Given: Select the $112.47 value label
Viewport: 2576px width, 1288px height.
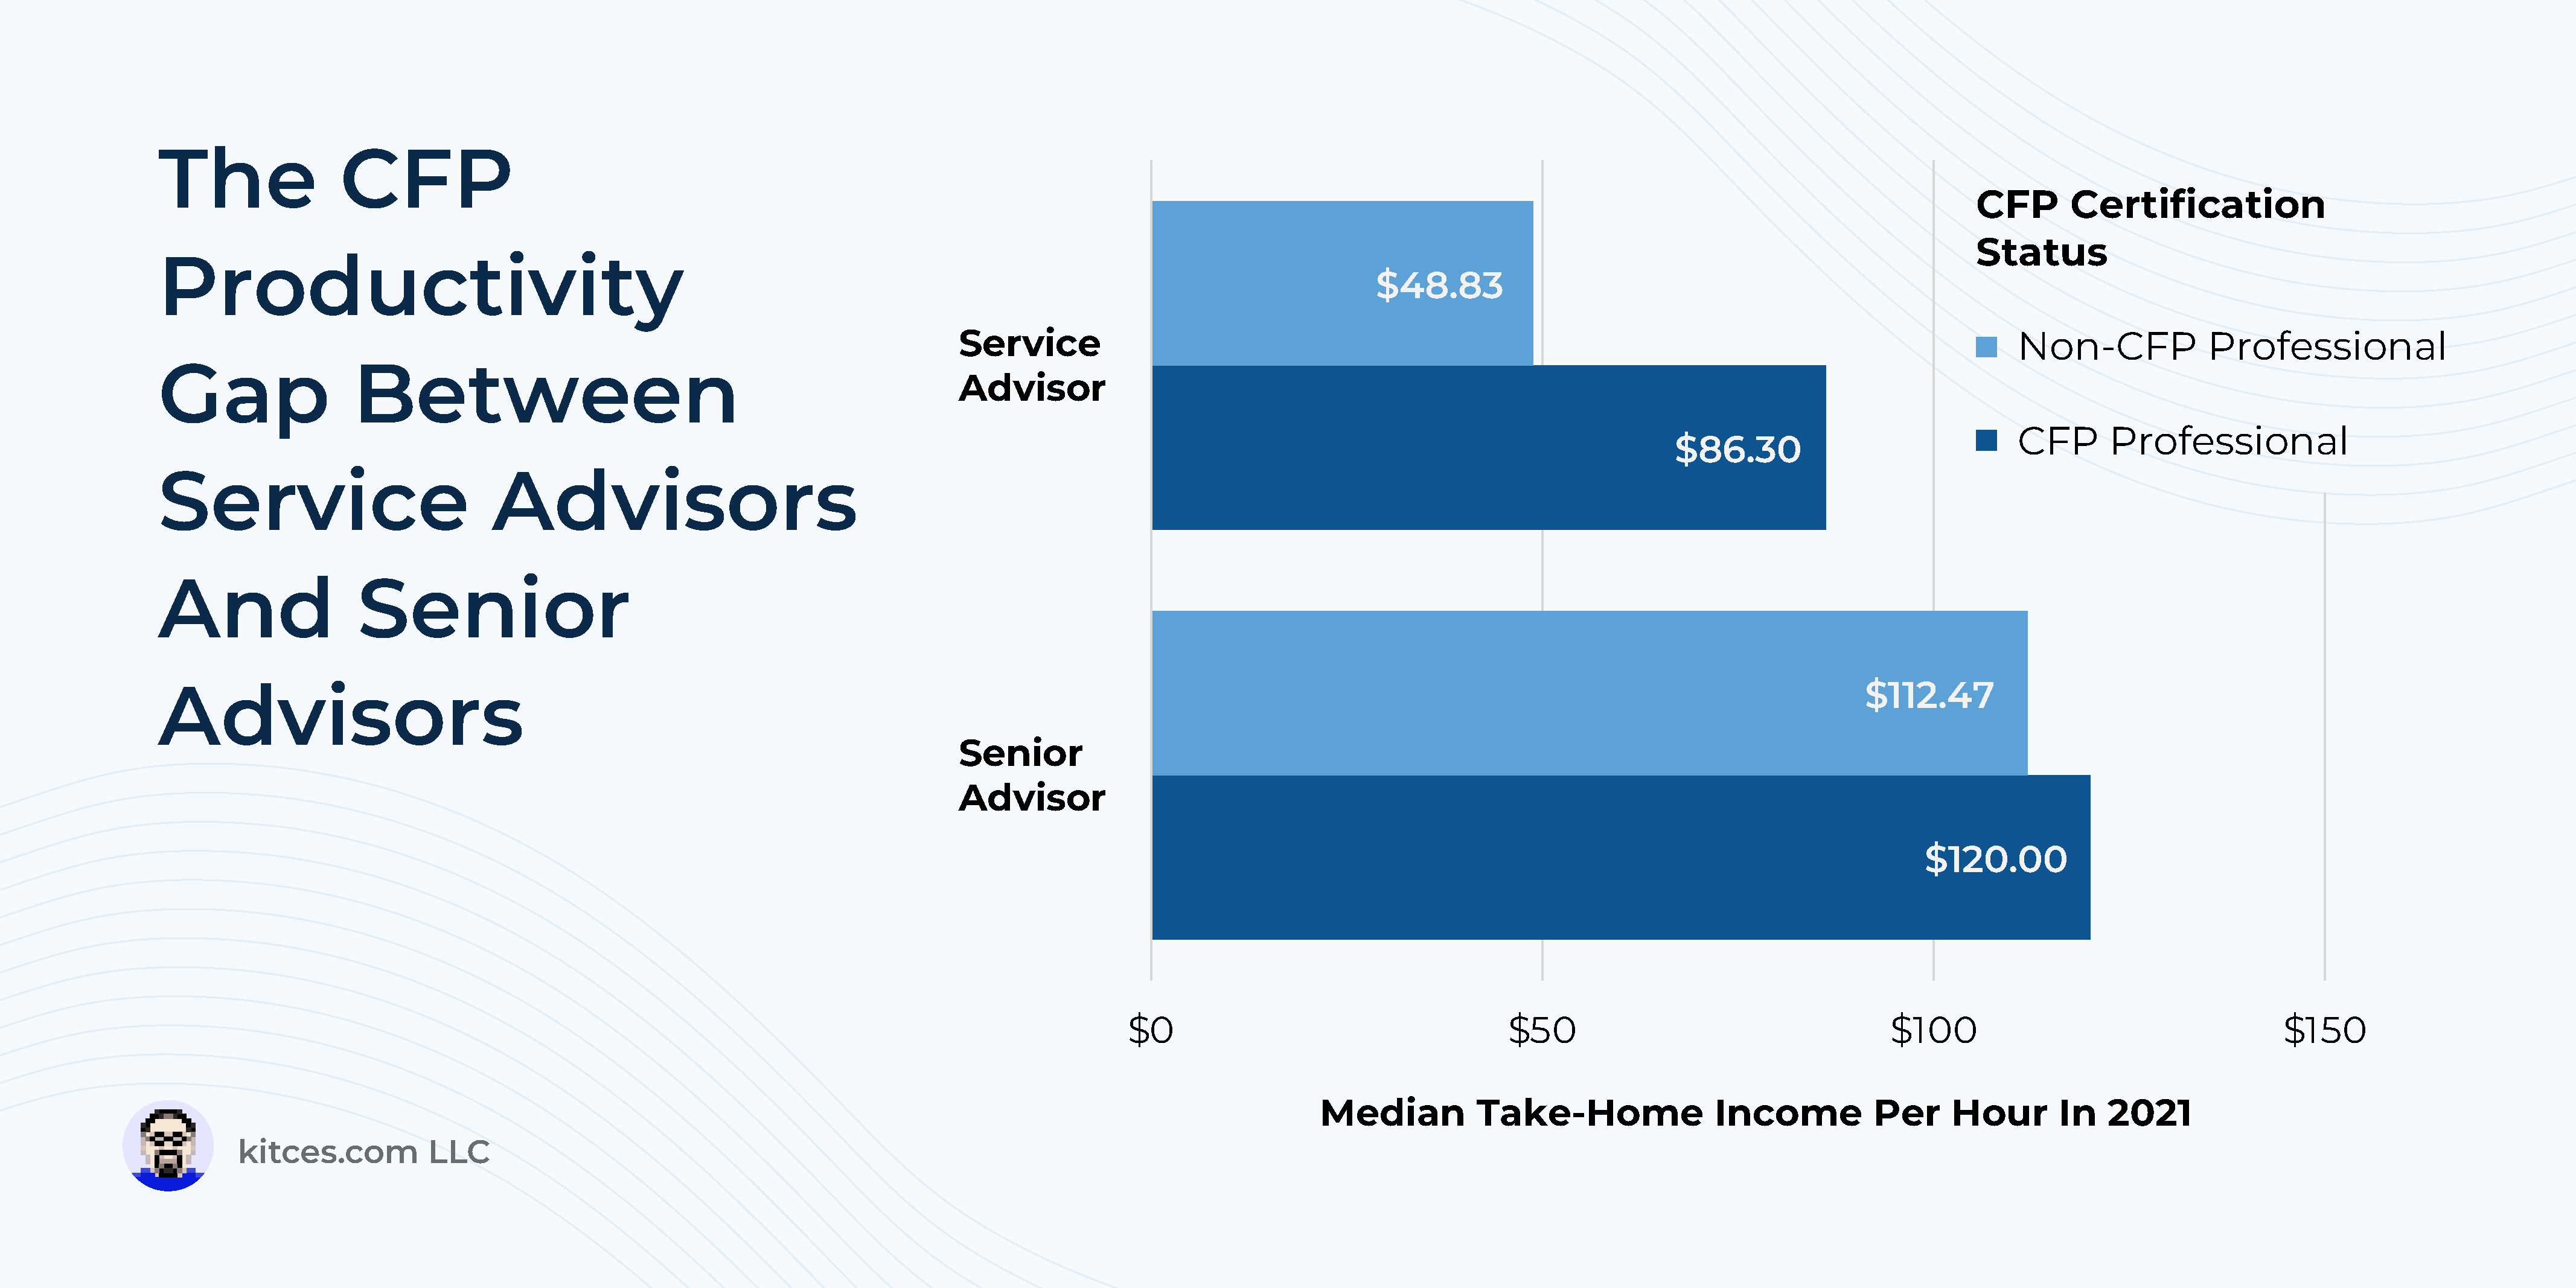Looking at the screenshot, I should (x=1928, y=694).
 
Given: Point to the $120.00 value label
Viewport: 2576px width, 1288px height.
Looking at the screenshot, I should (x=1995, y=859).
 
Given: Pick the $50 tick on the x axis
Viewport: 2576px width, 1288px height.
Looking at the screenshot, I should (x=1541, y=1030).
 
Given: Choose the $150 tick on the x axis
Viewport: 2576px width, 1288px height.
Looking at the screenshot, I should (x=2324, y=1030).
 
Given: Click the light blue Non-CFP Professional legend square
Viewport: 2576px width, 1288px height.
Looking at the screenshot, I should (x=1986, y=347).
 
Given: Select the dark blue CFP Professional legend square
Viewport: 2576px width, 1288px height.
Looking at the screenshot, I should (x=1986, y=441).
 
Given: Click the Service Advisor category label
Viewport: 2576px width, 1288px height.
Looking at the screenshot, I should (x=1031, y=365).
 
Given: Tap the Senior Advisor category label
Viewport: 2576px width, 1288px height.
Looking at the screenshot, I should (x=1031, y=775).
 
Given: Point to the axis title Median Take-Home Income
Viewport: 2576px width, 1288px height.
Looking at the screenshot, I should (x=1755, y=1113).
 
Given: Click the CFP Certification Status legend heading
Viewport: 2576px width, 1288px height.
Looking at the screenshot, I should (x=2150, y=228).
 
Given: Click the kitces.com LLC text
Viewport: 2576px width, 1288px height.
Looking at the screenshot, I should (x=364, y=1152).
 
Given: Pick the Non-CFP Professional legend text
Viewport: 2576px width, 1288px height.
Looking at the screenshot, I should (x=2231, y=347).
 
